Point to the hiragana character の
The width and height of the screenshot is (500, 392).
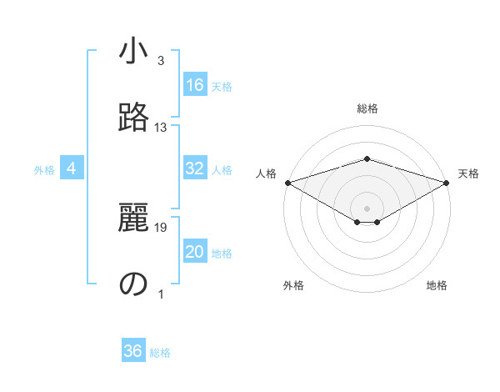(x=133, y=284)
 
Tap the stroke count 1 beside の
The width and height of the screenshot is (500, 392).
(x=161, y=294)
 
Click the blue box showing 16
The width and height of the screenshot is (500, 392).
(x=195, y=85)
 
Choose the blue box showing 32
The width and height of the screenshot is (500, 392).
(x=195, y=168)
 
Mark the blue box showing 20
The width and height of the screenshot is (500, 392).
(x=195, y=252)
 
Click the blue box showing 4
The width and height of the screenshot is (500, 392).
(x=72, y=168)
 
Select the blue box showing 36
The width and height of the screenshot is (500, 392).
(x=133, y=351)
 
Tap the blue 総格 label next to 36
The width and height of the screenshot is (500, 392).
(x=160, y=353)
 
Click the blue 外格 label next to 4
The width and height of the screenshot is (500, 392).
(x=44, y=170)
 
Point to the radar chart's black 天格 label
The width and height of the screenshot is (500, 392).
(x=468, y=173)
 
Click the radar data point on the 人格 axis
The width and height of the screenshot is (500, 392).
(x=287, y=182)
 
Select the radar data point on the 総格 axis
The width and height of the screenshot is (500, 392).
(x=367, y=158)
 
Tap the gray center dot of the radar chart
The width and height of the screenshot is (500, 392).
(x=367, y=207)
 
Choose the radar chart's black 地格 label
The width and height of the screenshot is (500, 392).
(x=437, y=285)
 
